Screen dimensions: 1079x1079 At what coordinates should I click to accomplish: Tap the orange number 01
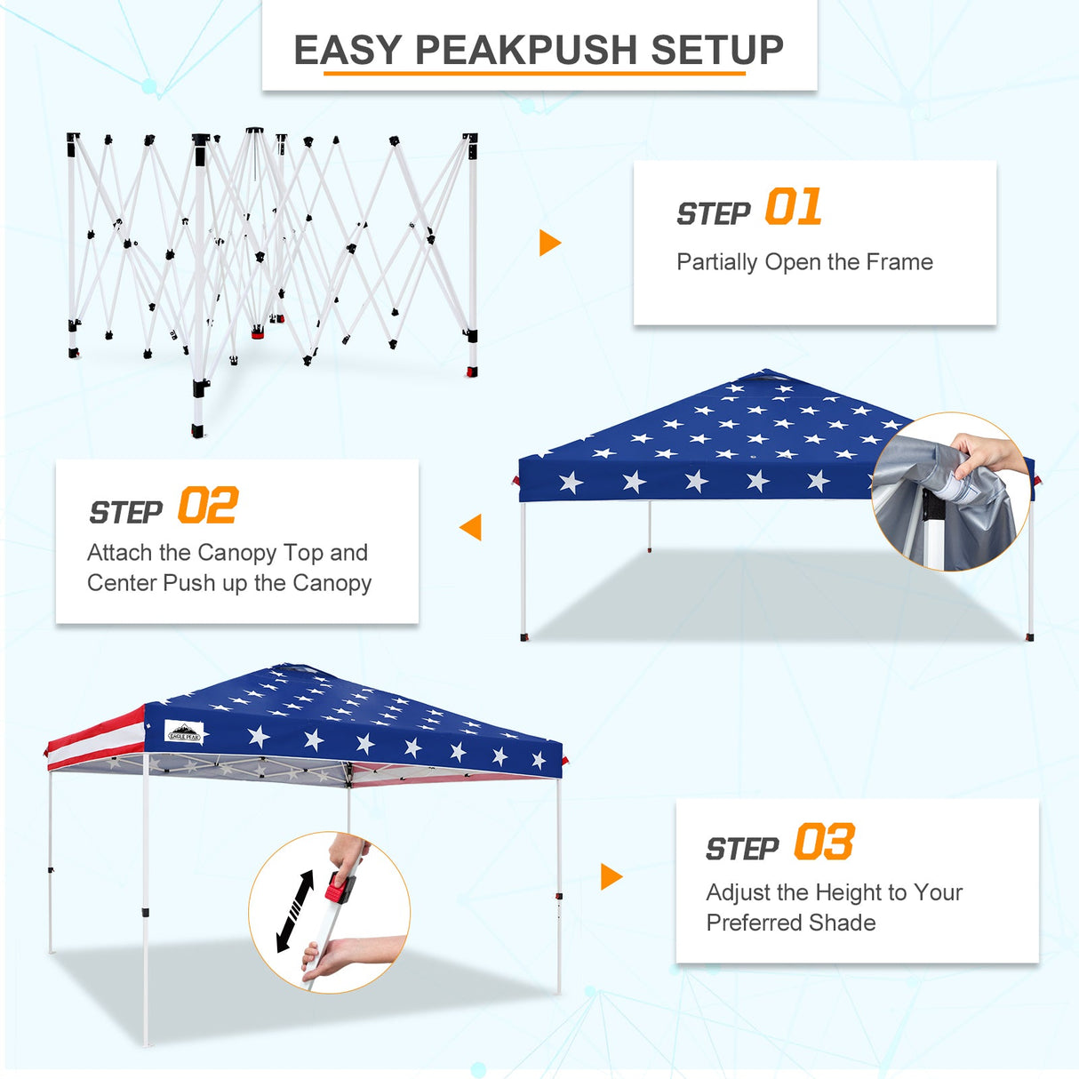pyautogui.click(x=793, y=208)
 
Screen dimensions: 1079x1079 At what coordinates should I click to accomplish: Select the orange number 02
pyautogui.click(x=207, y=507)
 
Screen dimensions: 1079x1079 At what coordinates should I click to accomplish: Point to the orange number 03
pyautogui.click(x=824, y=843)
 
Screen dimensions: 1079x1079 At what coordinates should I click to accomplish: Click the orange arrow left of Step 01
pyautogui.click(x=549, y=243)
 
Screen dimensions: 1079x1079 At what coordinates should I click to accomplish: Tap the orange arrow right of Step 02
pyautogui.click(x=471, y=527)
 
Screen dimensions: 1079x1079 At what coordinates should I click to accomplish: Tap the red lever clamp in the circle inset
pyautogui.click(x=339, y=886)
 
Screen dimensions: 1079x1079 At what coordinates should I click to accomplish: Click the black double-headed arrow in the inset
pyautogui.click(x=295, y=911)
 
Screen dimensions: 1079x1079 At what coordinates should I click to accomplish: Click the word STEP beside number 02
pyautogui.click(x=125, y=513)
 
